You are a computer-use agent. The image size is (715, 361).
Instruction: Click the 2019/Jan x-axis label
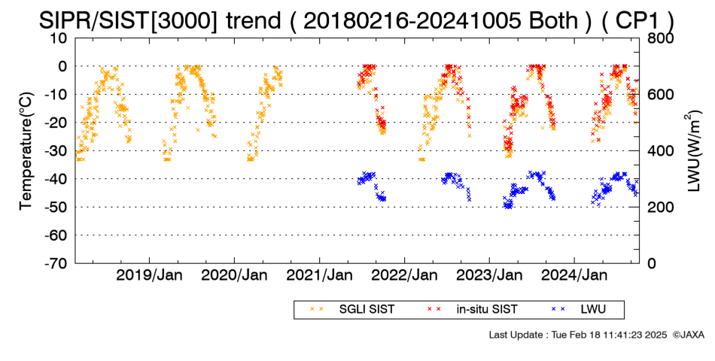[x=150, y=275]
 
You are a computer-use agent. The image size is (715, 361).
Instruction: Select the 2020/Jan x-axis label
[x=234, y=275]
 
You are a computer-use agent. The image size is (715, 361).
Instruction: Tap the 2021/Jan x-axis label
[x=319, y=275]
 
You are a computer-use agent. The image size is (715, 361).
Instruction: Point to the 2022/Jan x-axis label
[x=404, y=275]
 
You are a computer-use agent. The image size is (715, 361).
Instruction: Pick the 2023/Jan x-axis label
[x=489, y=275]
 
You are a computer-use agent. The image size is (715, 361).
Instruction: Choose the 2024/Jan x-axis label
[x=574, y=275]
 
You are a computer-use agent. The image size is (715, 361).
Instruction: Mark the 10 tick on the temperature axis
[x=59, y=38]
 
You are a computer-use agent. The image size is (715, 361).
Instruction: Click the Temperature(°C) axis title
[x=27, y=151]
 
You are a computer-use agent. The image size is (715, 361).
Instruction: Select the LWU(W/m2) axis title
[x=692, y=151]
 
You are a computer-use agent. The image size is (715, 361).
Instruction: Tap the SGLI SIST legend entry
[x=352, y=310]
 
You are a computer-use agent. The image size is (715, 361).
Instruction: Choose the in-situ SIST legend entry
[x=472, y=310]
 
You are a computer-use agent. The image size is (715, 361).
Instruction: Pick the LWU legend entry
[x=578, y=310]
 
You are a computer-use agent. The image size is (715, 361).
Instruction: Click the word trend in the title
[x=254, y=20]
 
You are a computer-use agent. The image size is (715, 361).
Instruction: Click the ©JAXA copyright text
[x=688, y=335]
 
